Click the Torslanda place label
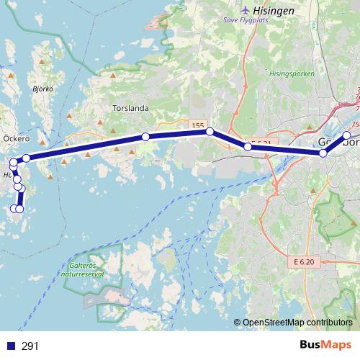130,109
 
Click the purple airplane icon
248,10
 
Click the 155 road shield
199,126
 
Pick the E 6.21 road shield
258,143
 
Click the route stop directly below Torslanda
145,137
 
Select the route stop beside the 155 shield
210,132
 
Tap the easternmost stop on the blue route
346,135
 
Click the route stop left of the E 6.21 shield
248,147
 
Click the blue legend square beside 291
11,346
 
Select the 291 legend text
30,346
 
